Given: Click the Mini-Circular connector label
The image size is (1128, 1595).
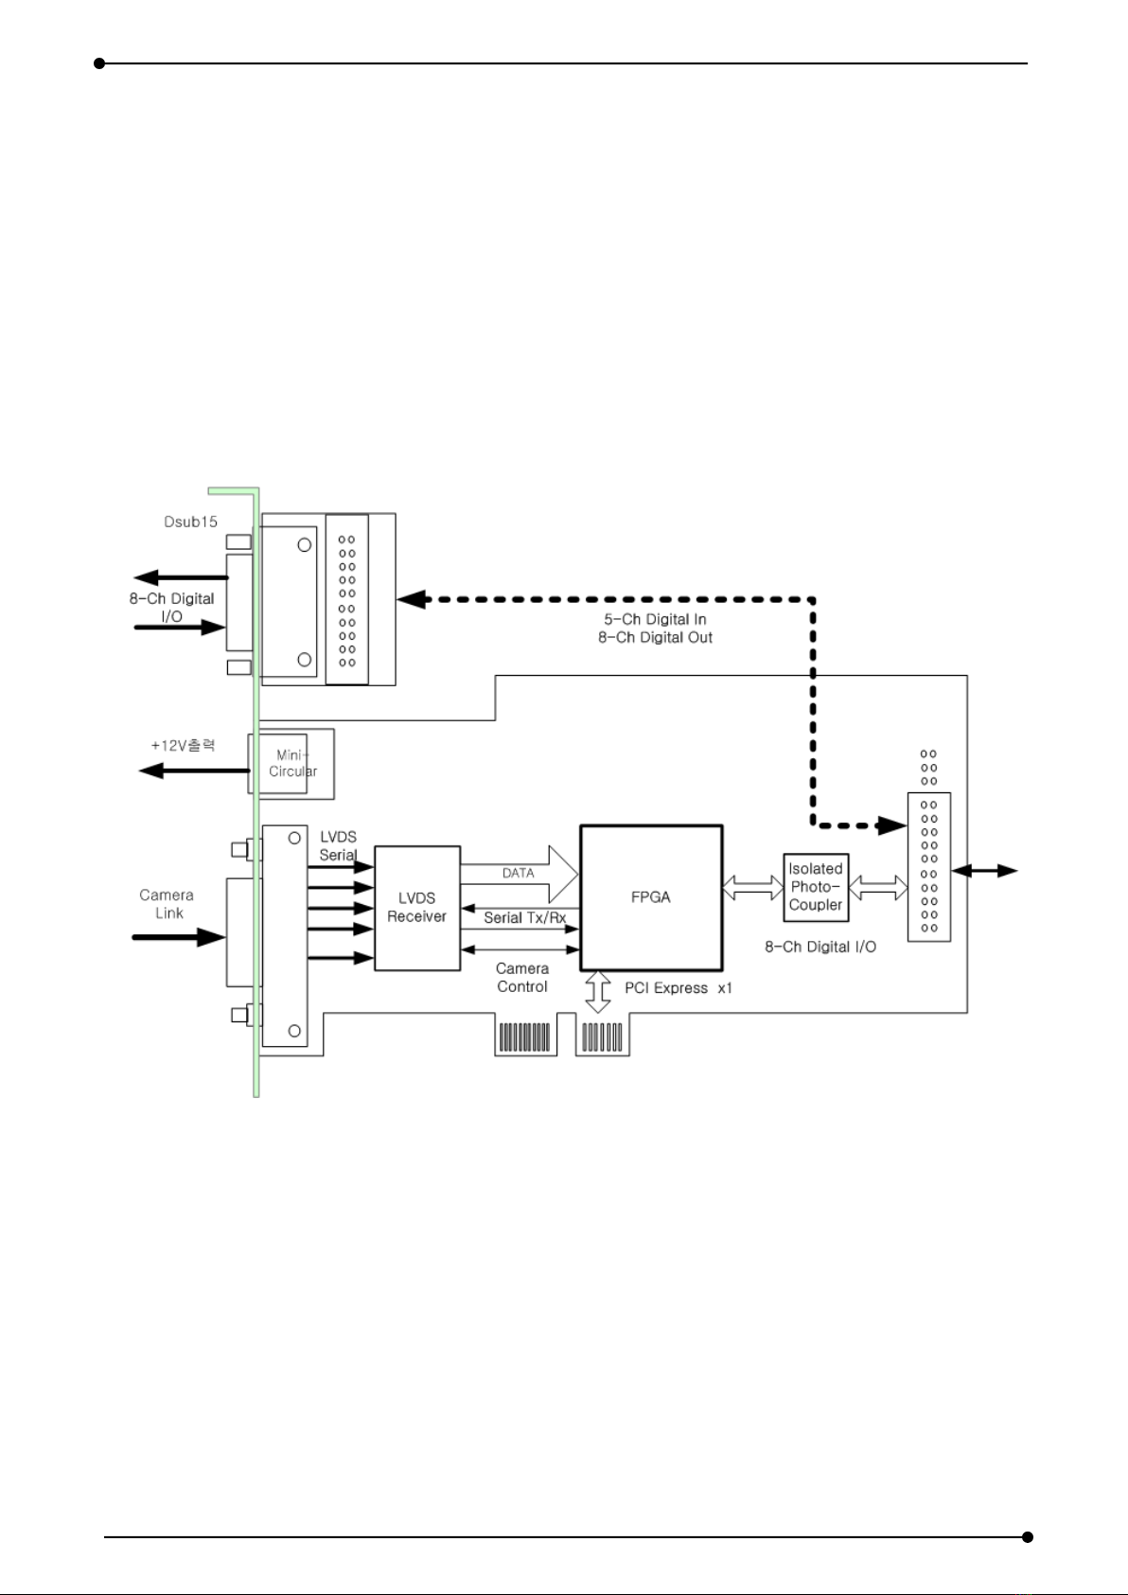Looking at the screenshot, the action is [292, 763].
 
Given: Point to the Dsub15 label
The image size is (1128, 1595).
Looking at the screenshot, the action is [191, 522].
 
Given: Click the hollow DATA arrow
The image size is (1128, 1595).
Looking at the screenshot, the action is [519, 874].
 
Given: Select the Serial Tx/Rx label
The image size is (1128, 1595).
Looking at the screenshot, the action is [525, 918].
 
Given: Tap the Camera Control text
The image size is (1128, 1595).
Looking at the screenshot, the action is [522, 978].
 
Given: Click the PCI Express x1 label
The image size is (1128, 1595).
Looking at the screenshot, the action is [679, 988].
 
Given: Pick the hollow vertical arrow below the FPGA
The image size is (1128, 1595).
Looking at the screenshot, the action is [598, 992].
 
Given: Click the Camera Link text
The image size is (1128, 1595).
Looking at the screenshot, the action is [167, 904].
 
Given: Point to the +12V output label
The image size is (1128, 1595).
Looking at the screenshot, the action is [183, 746].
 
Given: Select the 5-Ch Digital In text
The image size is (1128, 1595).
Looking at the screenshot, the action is [655, 619].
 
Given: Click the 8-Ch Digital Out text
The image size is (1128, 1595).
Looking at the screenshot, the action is [655, 637].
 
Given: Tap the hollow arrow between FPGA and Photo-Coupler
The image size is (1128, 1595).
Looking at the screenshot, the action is [753, 888].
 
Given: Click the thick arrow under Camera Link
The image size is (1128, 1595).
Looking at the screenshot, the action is [180, 937].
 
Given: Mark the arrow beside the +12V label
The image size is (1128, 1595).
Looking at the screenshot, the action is [194, 771].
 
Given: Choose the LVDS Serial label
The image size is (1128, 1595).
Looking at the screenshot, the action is [338, 846].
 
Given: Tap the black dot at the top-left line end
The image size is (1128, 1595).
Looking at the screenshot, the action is [99, 63].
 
